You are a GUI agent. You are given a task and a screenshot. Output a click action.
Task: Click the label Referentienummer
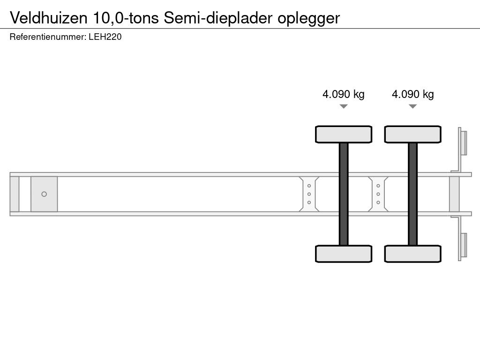(47, 37)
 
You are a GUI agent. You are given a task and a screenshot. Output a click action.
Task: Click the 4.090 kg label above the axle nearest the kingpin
(344, 94)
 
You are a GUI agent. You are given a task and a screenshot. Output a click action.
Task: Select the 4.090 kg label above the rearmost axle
(413, 94)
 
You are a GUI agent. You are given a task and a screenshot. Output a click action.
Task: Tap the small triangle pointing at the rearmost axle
(413, 106)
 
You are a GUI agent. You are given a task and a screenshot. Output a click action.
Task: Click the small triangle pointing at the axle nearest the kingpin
(344, 106)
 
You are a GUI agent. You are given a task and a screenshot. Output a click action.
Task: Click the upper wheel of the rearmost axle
(413, 134)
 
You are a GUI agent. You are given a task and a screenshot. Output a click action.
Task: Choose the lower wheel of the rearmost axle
(413, 254)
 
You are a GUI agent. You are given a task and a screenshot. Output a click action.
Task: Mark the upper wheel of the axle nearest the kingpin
(344, 134)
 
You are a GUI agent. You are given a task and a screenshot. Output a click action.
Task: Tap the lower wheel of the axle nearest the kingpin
(344, 254)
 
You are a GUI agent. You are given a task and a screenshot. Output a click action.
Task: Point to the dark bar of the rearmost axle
(413, 194)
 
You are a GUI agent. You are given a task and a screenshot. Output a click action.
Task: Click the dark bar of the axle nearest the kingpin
(344, 194)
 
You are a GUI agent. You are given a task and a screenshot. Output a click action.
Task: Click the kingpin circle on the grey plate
(44, 194)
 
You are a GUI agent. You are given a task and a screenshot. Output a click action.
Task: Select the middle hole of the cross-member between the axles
(378, 194)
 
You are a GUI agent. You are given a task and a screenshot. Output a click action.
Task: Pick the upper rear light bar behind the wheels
(463, 142)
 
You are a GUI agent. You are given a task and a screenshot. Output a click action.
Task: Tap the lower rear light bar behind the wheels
(463, 245)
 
